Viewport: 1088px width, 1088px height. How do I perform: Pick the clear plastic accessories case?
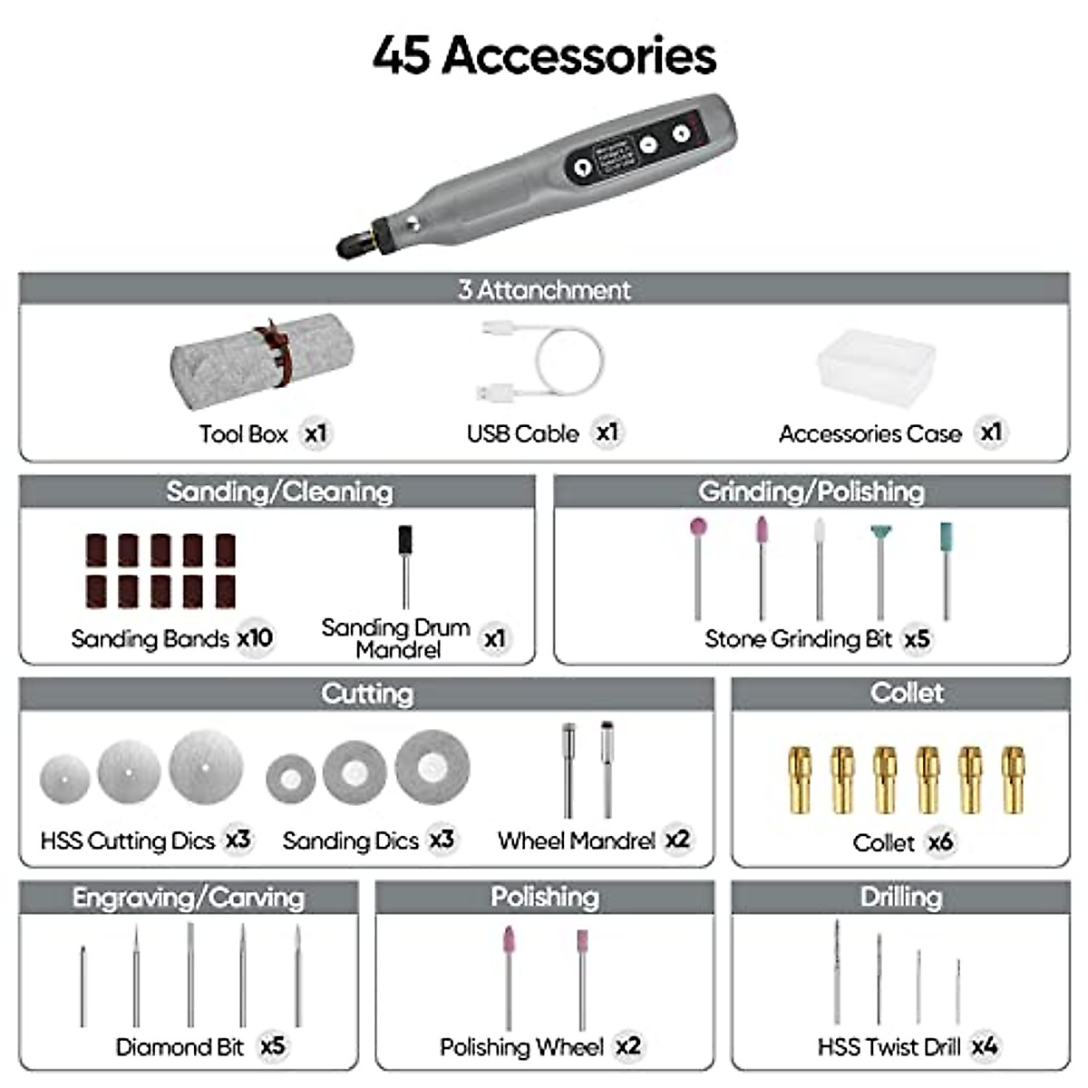pyautogui.click(x=876, y=367)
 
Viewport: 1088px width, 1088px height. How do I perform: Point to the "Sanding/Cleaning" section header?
pyautogui.click(x=279, y=491)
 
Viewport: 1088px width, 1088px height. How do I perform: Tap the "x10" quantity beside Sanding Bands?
pyautogui.click(x=255, y=638)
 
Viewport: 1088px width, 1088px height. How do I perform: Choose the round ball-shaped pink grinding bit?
pyautogui.click(x=697, y=528)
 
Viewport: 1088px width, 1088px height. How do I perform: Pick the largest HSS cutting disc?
pyautogui.click(x=206, y=768)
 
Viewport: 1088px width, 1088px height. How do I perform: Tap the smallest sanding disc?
pyautogui.click(x=290, y=779)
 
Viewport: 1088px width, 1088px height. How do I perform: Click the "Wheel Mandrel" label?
pyautogui.click(x=576, y=841)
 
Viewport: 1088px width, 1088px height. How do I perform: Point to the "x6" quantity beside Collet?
pyautogui.click(x=940, y=842)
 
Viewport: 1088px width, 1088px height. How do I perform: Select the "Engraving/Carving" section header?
pyautogui.click(x=189, y=898)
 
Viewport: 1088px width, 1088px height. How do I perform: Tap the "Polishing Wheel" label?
pyautogui.click(x=521, y=1047)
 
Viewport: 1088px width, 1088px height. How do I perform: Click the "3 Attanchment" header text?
pyautogui.click(x=544, y=290)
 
